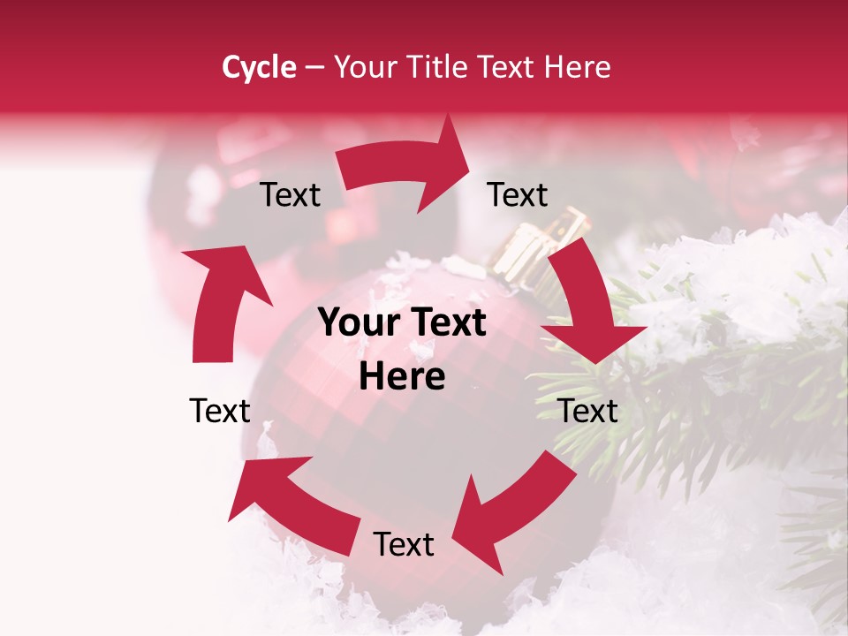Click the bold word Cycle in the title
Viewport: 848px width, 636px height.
tap(259, 67)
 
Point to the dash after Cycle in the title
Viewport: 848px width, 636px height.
tap(314, 67)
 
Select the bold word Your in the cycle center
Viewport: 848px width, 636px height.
tap(358, 323)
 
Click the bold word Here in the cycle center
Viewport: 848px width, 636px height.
tap(402, 377)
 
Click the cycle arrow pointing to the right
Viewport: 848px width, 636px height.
tap(406, 165)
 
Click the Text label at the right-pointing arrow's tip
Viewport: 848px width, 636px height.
tap(518, 194)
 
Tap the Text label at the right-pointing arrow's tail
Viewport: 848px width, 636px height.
tap(290, 195)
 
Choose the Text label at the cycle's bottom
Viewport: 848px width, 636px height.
tap(404, 545)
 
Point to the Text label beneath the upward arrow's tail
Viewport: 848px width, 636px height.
tap(220, 411)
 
